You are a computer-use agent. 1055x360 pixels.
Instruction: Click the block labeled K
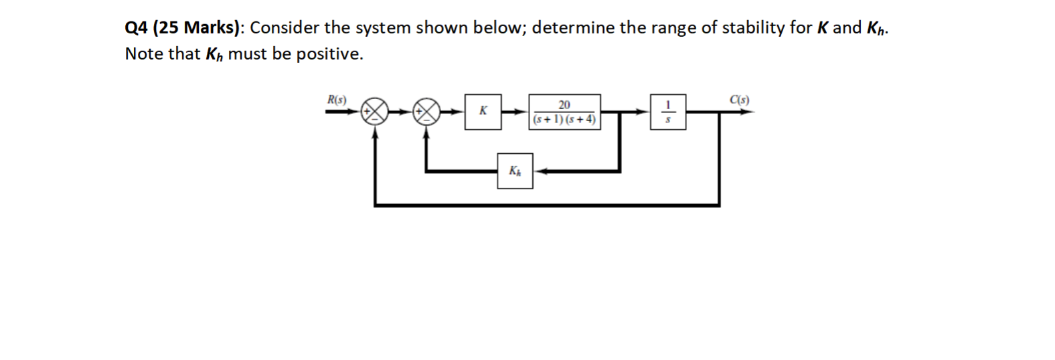point(483,112)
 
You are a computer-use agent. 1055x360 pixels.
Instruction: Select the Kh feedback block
point(515,171)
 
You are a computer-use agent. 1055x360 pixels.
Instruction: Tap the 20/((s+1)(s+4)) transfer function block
point(564,112)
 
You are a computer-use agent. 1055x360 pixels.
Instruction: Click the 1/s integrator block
point(667,112)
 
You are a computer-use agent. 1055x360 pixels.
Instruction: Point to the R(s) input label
point(337,100)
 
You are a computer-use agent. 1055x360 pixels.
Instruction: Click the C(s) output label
point(740,100)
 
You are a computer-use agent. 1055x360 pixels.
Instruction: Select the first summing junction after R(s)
point(374,112)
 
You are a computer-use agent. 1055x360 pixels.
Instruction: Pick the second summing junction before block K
point(426,112)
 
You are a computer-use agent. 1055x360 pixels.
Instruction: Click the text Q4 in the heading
point(137,28)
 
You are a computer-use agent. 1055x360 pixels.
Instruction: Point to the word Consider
point(282,28)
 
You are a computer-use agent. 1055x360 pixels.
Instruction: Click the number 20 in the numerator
point(564,104)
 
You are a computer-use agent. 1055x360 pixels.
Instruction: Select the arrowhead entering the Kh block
point(538,171)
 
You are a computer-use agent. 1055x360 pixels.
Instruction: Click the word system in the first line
point(382,28)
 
